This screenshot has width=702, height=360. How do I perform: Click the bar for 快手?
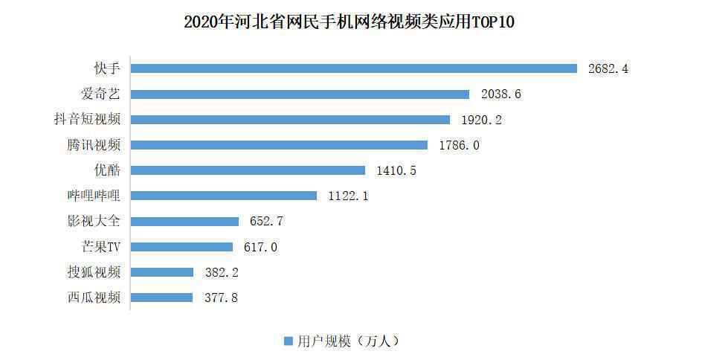(x=354, y=68)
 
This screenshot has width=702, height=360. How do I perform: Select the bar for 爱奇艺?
(x=300, y=94)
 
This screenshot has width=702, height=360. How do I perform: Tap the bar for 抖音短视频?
(x=291, y=120)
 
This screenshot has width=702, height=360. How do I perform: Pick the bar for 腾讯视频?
(x=280, y=145)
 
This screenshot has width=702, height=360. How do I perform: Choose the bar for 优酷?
(x=248, y=170)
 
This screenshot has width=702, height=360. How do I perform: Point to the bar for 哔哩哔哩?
(x=224, y=196)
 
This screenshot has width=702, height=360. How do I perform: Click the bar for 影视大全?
(x=185, y=221)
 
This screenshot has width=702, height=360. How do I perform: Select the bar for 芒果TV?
(x=182, y=247)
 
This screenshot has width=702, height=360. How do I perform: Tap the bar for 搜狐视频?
(x=162, y=272)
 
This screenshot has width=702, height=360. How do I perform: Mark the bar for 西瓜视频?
(x=162, y=298)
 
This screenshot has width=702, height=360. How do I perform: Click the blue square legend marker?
(x=288, y=341)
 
